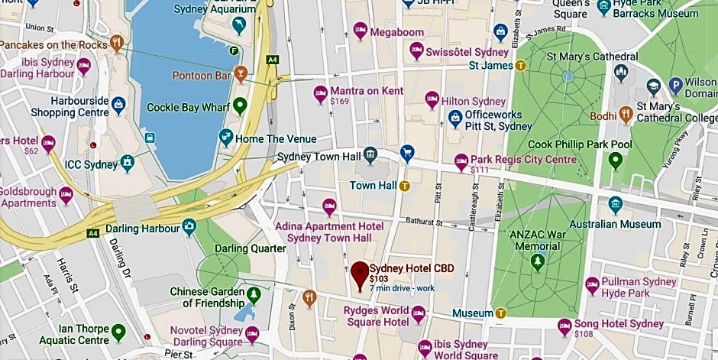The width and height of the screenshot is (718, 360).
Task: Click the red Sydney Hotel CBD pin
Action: [x=360, y=274]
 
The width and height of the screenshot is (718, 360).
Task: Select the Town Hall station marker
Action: [x=404, y=186]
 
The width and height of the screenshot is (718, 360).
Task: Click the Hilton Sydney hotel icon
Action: [x=432, y=101]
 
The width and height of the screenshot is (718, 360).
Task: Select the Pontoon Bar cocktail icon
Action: [x=241, y=75]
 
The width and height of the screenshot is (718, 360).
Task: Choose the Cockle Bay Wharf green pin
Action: [x=240, y=106]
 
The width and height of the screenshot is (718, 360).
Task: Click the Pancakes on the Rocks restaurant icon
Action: [x=116, y=43]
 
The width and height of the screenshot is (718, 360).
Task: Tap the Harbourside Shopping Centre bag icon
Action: [x=118, y=103]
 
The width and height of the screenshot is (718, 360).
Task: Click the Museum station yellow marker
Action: [x=501, y=313]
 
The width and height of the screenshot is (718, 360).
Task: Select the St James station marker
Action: [x=522, y=66]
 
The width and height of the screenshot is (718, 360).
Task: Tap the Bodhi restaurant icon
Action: [x=626, y=115]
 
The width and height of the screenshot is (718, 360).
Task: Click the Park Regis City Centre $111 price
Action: [x=479, y=170]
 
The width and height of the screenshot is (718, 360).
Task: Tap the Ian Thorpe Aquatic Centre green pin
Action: [x=118, y=332]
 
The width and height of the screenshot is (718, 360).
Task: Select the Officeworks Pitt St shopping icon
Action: [x=455, y=118]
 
